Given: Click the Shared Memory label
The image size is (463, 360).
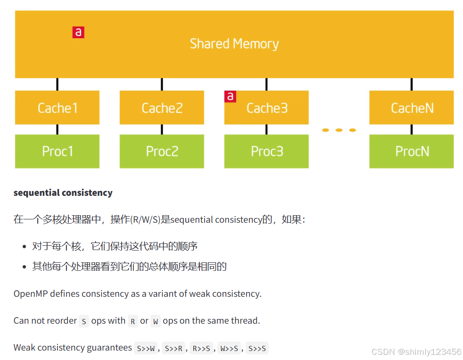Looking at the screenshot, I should pos(234,44).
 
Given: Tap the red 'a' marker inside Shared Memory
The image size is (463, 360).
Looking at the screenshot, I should pos(78,33).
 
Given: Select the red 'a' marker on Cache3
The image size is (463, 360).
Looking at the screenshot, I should pos(230,96).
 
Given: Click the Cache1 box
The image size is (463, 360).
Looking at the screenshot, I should pos(57,108).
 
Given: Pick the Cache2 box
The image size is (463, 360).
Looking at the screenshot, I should pos(162,108).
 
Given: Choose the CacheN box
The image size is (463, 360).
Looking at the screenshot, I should pos(411,108).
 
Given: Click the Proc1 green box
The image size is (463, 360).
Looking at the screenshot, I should pos(57,151).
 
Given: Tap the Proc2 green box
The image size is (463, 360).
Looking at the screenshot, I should pos(162,151).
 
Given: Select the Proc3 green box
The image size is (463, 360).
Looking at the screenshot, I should pos(266,151).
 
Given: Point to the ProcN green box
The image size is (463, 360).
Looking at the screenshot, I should pos(411,151).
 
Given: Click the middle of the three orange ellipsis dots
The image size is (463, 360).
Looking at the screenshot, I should pos(339,130).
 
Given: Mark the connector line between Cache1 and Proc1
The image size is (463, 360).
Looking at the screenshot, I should pos(58,129).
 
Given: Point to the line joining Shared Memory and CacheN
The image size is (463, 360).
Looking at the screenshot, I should pos(411,84).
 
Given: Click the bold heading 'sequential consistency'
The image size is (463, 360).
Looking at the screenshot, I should pos(63,193).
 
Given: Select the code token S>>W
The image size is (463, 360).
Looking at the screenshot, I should pos(145,348).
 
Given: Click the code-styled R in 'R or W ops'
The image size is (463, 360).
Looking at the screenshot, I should pos(133,321).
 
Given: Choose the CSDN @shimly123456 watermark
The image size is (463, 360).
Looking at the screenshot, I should pos(416,352).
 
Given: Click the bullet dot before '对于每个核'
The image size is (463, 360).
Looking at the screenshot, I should pos(25,247).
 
